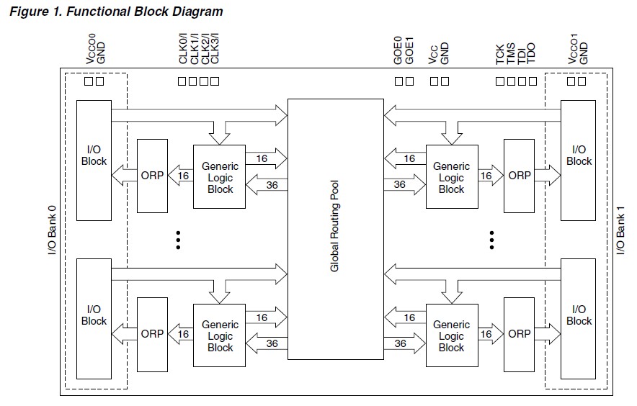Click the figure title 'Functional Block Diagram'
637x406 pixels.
115,12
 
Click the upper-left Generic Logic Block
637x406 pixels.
220,178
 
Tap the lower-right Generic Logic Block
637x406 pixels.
451,336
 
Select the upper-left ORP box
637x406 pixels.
152,176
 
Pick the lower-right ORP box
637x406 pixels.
520,334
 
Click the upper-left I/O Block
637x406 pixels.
94,161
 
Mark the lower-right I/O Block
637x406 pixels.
579,320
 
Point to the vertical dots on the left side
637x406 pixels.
177,240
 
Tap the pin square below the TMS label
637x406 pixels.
511,81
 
